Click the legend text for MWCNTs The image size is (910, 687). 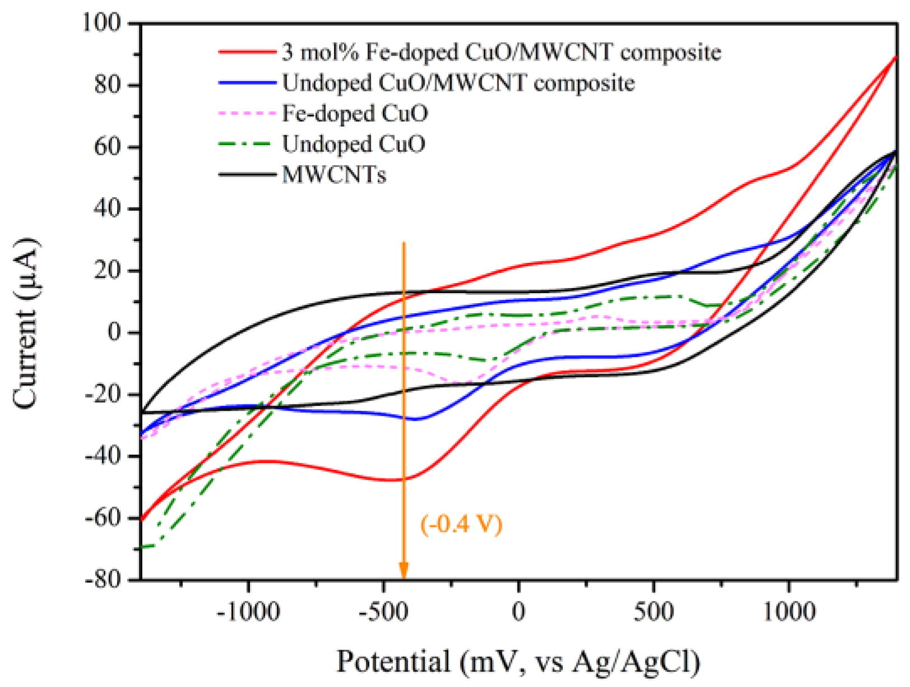pos(334,175)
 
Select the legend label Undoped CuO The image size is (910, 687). pos(354,144)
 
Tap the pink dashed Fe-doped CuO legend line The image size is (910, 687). pos(247,114)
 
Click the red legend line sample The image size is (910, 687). pos(247,52)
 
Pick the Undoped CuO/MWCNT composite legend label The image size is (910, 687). pos(458,83)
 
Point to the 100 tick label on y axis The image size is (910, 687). pos(102,23)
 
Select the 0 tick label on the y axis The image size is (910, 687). pos(114,332)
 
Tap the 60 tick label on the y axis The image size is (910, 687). pos(108,147)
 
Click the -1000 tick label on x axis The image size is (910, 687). pos(248,611)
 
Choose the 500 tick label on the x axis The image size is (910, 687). pos(653,611)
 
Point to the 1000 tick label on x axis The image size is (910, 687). pos(789,611)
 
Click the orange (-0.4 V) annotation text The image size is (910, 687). pos(461,524)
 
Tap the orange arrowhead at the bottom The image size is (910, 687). pos(403,572)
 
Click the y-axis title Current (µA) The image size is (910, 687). pos(26,323)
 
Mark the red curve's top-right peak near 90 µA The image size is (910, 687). pos(895,57)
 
